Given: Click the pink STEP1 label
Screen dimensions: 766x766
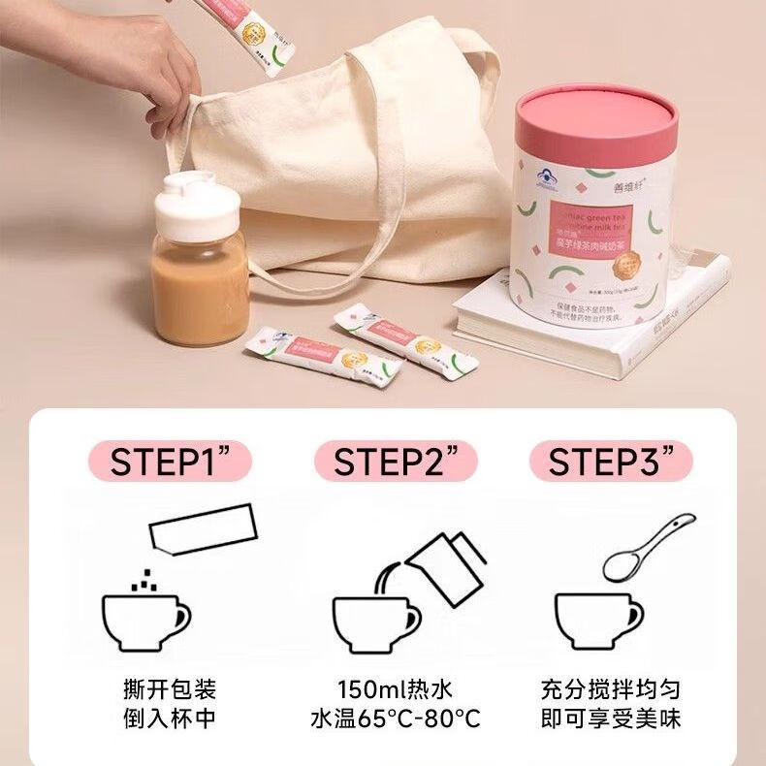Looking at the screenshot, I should click(169, 461).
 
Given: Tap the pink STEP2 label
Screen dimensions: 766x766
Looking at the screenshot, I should click(392, 461).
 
